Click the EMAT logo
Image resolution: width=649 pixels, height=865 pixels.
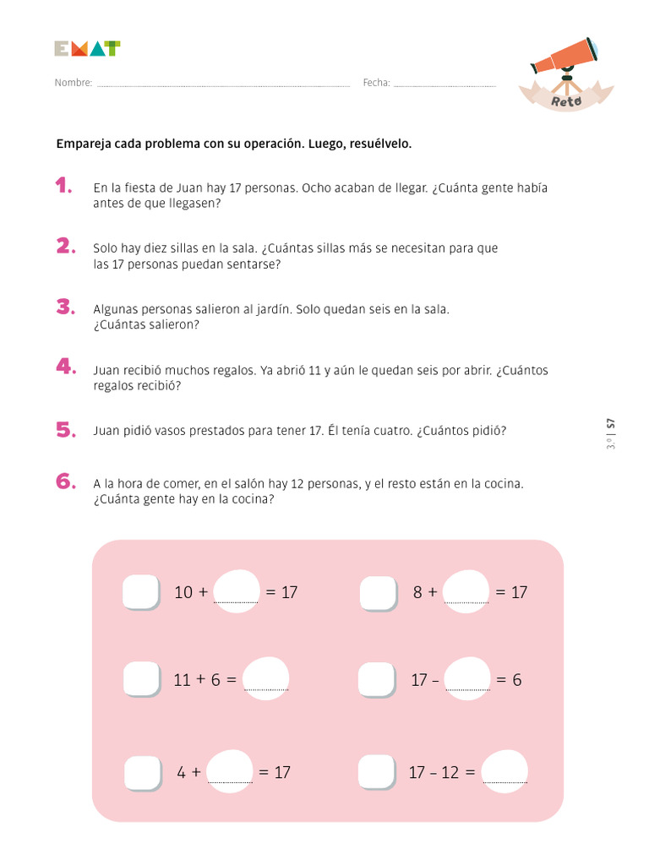pyautogui.click(x=86, y=49)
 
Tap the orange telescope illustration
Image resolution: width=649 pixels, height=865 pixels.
pyautogui.click(x=564, y=57)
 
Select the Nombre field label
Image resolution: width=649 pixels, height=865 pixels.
pyautogui.click(x=73, y=83)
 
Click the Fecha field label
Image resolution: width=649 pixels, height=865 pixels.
pyautogui.click(x=376, y=83)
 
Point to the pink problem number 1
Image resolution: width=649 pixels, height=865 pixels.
pyautogui.click(x=64, y=187)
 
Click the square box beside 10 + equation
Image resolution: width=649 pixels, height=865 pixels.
pyautogui.click(x=140, y=592)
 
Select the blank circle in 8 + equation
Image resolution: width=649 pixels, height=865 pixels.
pyautogui.click(x=466, y=590)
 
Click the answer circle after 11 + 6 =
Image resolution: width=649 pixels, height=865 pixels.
pyautogui.click(x=265, y=678)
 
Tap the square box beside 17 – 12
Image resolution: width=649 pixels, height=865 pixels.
pyautogui.click(x=377, y=772)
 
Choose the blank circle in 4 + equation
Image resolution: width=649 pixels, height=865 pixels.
pyautogui.click(x=229, y=770)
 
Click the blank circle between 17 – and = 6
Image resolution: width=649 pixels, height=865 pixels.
pyautogui.click(x=466, y=678)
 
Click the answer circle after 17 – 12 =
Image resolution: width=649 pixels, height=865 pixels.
pyautogui.click(x=504, y=770)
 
